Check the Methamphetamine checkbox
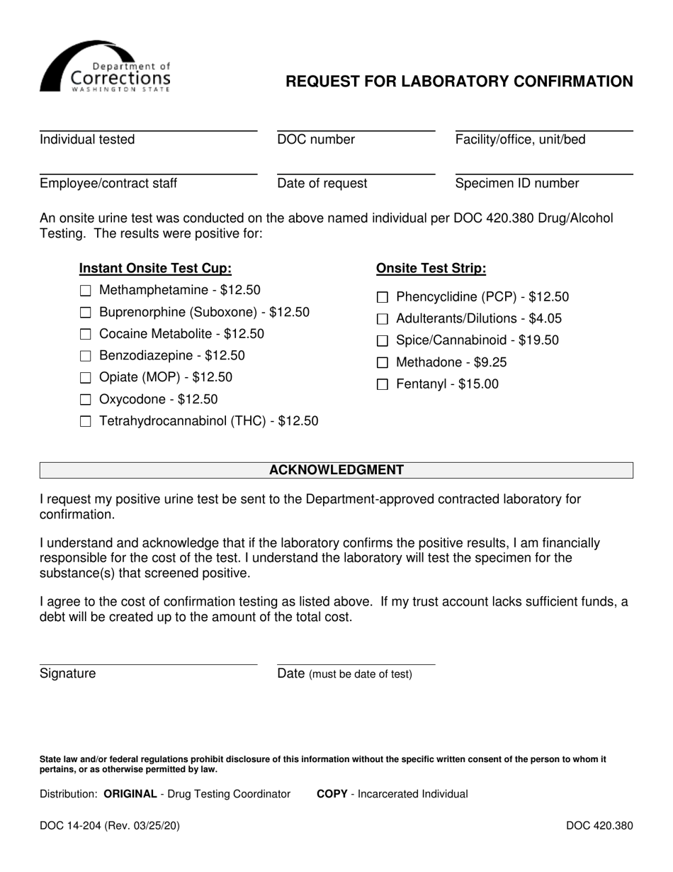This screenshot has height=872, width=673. (86, 291)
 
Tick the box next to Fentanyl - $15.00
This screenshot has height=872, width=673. (383, 385)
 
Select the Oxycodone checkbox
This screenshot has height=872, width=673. (86, 400)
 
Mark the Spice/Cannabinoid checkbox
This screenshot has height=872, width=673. (383, 341)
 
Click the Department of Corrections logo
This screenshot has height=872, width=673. (106, 67)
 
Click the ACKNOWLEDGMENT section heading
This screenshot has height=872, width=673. (336, 470)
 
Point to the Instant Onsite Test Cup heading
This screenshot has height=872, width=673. (155, 269)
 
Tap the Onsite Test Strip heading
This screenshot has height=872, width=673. (431, 269)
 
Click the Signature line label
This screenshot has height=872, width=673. (67, 673)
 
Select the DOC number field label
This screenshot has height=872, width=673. (316, 140)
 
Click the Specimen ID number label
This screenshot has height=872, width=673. (516, 184)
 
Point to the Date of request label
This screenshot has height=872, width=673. (322, 184)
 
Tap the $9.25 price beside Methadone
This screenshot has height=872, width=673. (490, 363)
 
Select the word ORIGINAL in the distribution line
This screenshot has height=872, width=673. (130, 794)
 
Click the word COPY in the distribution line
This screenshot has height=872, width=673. (332, 794)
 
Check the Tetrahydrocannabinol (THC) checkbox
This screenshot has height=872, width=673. (86, 422)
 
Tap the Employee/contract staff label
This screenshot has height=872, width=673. (108, 184)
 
